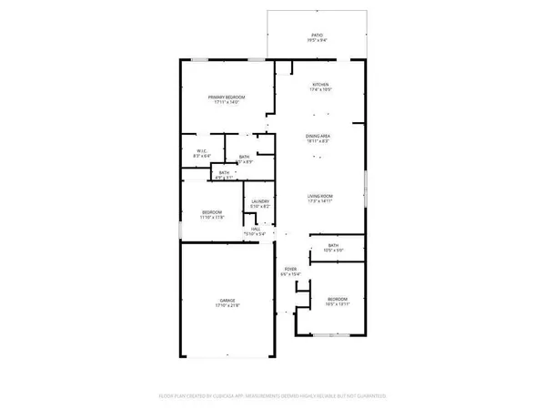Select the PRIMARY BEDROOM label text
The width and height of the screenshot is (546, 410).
point(227,97)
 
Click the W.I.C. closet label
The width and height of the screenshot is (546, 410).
point(201,151)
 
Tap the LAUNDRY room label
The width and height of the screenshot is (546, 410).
point(259,202)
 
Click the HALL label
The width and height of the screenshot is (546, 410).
point(257,230)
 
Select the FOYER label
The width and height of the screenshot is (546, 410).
point(290,269)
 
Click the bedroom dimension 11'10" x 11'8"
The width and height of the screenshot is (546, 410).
point(212,218)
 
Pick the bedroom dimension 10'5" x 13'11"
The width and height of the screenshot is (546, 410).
point(338,303)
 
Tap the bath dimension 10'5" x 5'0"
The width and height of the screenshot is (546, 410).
point(334,250)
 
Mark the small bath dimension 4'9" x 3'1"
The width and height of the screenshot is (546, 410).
point(224,177)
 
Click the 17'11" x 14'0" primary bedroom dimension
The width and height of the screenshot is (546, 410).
point(227,102)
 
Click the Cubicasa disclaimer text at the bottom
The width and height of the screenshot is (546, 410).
point(272,396)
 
